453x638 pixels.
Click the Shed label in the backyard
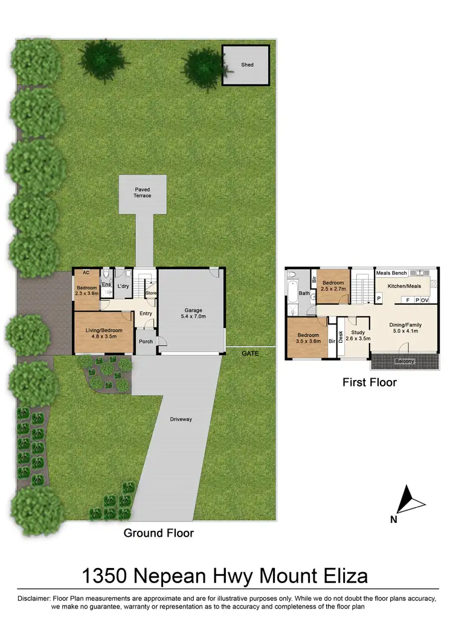247,65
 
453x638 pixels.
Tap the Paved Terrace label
143,192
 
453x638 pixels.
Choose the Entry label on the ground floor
146,313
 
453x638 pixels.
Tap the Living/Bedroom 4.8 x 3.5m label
103,333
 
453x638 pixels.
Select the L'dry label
123,286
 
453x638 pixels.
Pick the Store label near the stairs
151,294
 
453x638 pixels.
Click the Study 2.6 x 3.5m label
358,335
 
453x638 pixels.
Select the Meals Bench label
391,273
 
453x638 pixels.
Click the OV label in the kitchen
425,300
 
